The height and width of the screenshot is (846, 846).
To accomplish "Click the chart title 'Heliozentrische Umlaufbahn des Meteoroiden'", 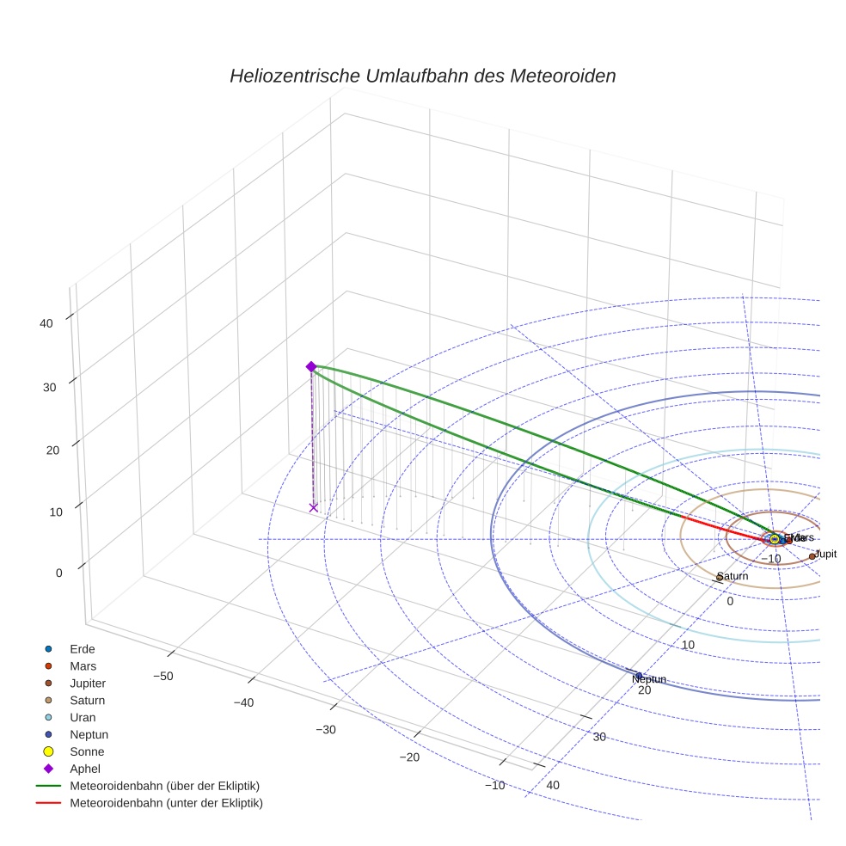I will coord(422,76).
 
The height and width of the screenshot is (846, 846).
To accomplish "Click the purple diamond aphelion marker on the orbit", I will coord(311,366).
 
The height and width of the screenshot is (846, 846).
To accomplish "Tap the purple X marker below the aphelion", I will coord(313,507).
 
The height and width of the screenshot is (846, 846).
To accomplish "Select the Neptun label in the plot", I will coord(649,680).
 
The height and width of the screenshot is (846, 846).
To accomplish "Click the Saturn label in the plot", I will coord(732,576).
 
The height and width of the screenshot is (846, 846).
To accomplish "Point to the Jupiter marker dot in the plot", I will coord(812,556).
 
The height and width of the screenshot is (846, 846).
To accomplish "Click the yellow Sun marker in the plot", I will coord(774,539).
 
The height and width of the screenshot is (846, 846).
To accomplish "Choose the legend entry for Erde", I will coord(83,648).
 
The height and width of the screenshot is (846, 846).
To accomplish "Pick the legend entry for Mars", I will coord(83,665).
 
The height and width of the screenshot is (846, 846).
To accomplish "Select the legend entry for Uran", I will coord(83,717).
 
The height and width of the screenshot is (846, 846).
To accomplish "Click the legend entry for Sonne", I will coord(87,751).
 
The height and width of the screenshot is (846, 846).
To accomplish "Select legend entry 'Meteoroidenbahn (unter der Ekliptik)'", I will coord(166,803).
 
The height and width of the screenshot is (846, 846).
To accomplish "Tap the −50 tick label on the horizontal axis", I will coord(162,676).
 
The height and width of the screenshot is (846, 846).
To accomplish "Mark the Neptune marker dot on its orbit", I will coord(639,675).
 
